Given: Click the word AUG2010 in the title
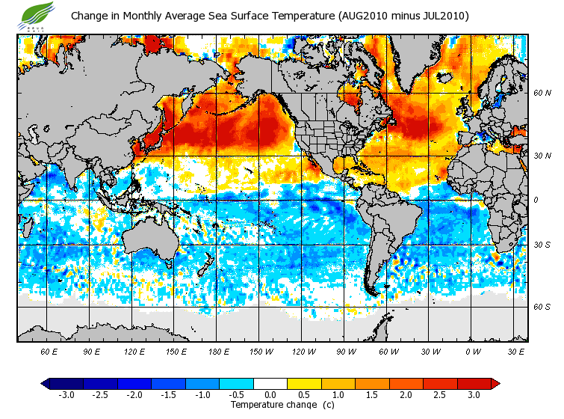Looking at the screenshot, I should (x=362, y=16).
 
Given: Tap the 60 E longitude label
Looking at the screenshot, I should (x=49, y=351).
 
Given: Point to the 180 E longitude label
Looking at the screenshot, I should (x=220, y=351).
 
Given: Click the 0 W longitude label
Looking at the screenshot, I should (x=474, y=351).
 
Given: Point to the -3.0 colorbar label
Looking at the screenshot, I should (x=66, y=394).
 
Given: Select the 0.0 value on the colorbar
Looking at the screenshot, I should (x=270, y=394).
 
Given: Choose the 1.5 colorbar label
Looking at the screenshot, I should (x=372, y=394).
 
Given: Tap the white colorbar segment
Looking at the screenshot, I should (x=270, y=383).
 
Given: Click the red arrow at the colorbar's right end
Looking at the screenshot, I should (x=495, y=383).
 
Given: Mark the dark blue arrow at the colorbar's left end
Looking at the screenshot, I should (x=46, y=383).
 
